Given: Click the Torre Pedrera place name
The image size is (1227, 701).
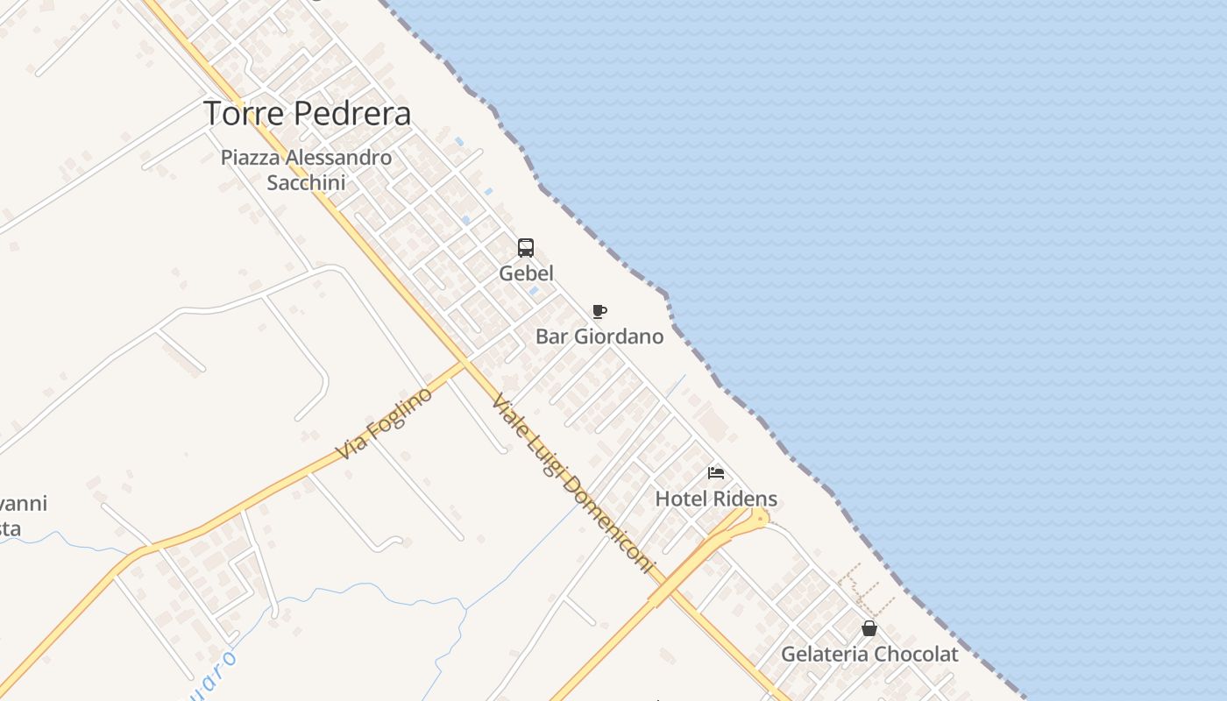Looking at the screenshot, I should coord(307,114).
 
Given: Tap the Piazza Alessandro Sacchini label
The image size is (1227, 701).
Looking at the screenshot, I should coord(306,170).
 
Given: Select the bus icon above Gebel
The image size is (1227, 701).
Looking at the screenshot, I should coord(526,248).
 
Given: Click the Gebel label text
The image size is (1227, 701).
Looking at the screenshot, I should coord(526,273).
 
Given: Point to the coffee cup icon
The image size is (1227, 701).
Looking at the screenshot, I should coord(599,311).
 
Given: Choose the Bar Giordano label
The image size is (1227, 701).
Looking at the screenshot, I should coord(599,336).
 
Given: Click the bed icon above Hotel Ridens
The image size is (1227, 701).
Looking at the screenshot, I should coord(716,473).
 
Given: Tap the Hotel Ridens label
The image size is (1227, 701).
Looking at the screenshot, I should coord(716,499).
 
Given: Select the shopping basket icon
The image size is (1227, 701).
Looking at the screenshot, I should coord(869,628).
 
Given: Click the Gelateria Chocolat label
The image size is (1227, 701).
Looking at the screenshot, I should coord(869,655).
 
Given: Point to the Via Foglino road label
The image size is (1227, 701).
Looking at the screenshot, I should coord(386,423).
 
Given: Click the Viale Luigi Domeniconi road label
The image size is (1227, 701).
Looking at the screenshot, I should coord(573,485).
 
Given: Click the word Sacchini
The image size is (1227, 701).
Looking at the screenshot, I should coord(306,183).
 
